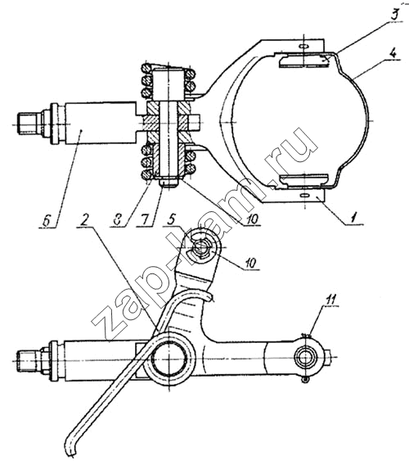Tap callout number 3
click(x=394, y=14)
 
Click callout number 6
click(x=47, y=221)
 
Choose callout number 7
click(x=146, y=219)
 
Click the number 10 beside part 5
click(x=251, y=263)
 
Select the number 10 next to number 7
click(x=252, y=219)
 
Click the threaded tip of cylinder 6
click(x=28, y=124)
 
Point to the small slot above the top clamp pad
click(x=304, y=47)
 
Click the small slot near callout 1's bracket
click(x=304, y=195)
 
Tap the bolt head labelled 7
click(x=168, y=182)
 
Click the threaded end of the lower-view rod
click(x=28, y=360)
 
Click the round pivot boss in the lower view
click(x=169, y=359)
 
